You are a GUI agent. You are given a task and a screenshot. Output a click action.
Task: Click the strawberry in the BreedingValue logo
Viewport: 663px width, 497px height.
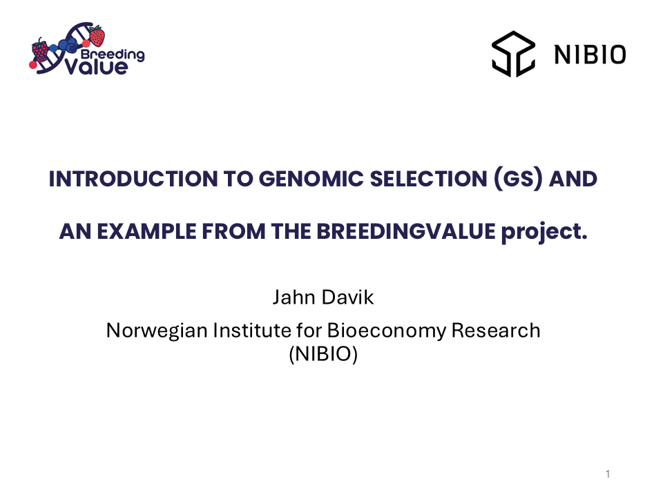[97, 36]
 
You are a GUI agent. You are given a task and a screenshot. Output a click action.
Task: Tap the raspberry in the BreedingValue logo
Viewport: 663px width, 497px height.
[40, 51]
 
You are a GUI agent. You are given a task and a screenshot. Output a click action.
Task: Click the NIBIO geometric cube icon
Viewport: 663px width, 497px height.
[513, 53]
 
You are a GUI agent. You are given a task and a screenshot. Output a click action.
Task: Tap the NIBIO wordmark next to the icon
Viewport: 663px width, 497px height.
[590, 54]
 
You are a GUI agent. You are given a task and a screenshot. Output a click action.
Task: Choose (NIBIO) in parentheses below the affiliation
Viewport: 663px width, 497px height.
[323, 356]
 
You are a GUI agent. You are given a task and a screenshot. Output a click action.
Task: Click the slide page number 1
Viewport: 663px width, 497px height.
[608, 474]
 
